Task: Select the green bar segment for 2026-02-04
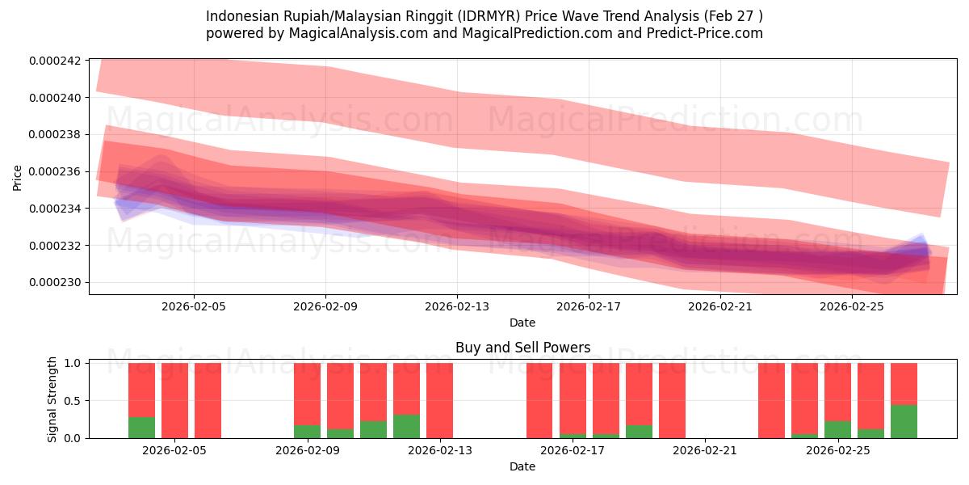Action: pyautogui.click(x=141, y=428)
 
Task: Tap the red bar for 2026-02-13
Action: pyautogui.click(x=439, y=400)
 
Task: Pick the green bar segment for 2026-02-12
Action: pyautogui.click(x=406, y=426)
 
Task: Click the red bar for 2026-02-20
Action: pyautogui.click(x=672, y=400)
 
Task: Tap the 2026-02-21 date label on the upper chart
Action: pyautogui.click(x=720, y=307)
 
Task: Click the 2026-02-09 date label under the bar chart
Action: pyautogui.click(x=308, y=450)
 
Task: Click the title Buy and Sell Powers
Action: pyautogui.click(x=522, y=348)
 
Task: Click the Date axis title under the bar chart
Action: pyautogui.click(x=522, y=466)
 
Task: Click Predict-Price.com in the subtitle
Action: pyautogui.click(x=707, y=33)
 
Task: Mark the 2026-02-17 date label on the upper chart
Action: pyautogui.click(x=589, y=307)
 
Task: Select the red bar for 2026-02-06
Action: pyautogui.click(x=208, y=400)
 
